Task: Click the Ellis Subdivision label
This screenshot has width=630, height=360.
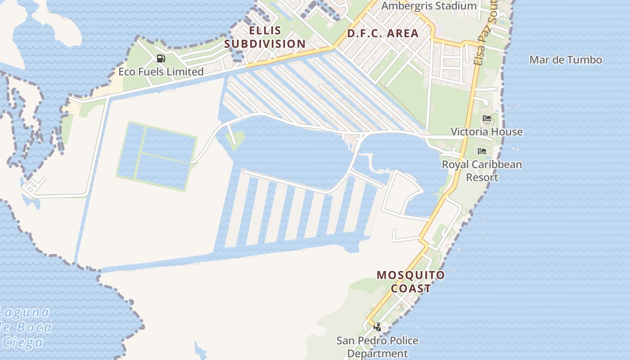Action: point(265,37)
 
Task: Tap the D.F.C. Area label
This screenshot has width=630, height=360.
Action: point(383,33)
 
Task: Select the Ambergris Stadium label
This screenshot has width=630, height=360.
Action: point(429,6)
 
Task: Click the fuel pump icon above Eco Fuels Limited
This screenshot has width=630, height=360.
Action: point(161,58)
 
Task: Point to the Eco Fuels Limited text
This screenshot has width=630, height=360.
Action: point(161,72)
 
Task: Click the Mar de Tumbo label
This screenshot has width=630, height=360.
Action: point(566,60)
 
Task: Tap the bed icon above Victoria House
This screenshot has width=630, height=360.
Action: point(486,119)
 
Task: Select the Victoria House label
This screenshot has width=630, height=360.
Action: point(486,132)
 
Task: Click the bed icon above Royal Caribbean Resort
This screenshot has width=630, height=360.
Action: point(482,151)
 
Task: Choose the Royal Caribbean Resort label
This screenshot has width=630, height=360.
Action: point(482,171)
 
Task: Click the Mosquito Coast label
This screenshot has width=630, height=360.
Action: point(410,282)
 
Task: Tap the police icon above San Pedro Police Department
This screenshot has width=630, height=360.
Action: point(378,327)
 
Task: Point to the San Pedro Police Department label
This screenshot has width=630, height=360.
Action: point(378,347)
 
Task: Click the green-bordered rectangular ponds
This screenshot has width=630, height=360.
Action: point(157,156)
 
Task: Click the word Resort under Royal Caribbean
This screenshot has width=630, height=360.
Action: point(482,177)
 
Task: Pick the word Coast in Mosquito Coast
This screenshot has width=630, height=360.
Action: point(410,288)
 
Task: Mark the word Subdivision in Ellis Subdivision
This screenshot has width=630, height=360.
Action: point(265,44)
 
